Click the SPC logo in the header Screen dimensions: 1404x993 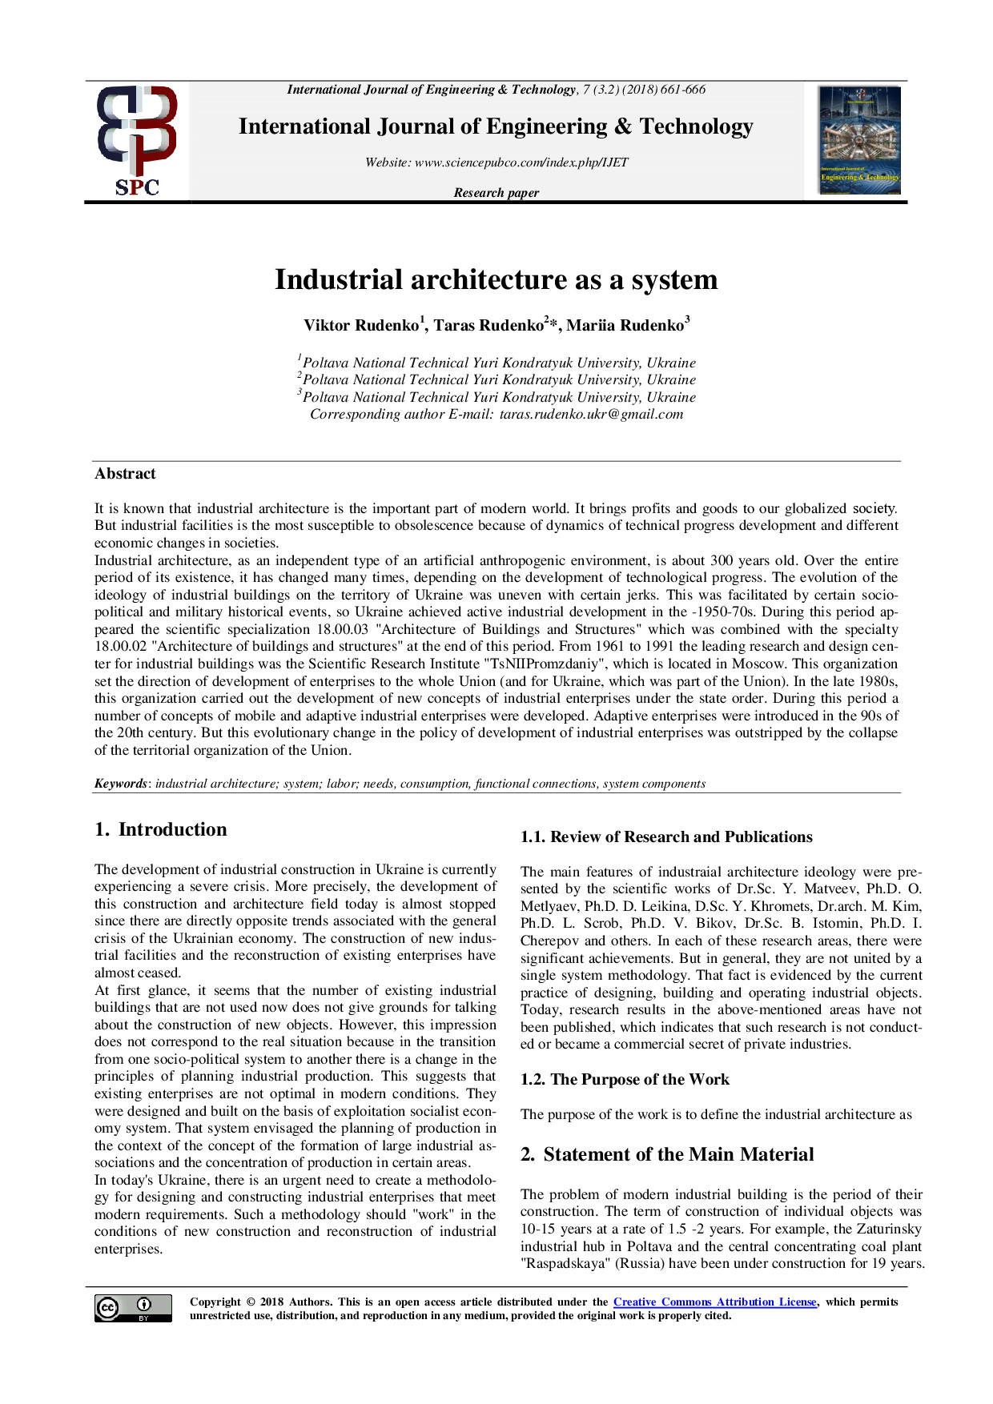[x=137, y=141]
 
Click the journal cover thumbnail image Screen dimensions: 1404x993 [x=859, y=140]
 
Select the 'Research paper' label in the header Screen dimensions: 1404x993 [x=496, y=193]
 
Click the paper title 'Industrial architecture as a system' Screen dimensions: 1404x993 [x=496, y=279]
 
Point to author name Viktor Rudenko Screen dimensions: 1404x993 [x=361, y=326]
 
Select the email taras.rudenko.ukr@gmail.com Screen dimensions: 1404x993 [x=591, y=415]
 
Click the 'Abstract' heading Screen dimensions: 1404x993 [x=125, y=474]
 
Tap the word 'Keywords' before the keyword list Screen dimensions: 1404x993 [x=121, y=784]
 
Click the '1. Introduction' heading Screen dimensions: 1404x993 [x=161, y=830]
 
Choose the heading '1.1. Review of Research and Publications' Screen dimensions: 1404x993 [x=666, y=837]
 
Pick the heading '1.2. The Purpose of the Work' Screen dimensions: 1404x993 [x=625, y=1080]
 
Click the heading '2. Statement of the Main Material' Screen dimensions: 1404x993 [x=667, y=1155]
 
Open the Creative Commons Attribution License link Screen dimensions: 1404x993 [x=714, y=1302]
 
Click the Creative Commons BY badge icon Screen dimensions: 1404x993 [x=133, y=1308]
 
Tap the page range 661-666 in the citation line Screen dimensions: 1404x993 [x=683, y=90]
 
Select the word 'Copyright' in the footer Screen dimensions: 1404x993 [x=215, y=1302]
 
